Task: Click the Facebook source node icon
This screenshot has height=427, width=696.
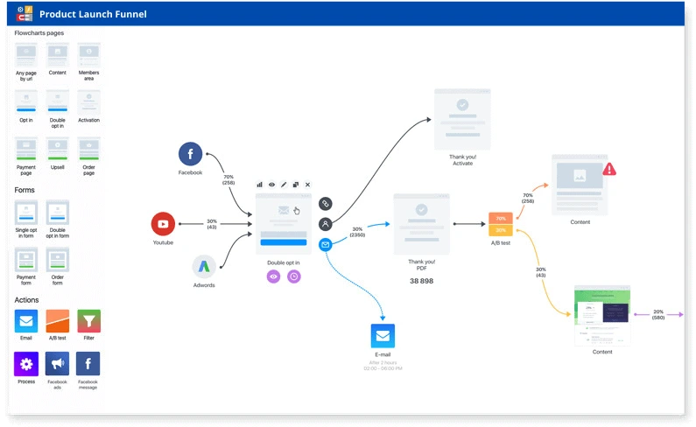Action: [x=190, y=154]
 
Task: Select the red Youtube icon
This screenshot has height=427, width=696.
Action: [x=163, y=224]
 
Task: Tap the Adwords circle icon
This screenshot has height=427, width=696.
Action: [x=204, y=266]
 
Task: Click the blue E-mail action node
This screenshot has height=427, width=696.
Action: [x=383, y=336]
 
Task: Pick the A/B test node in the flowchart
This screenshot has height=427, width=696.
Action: [x=500, y=224]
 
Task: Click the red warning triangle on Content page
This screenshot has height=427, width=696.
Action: [x=609, y=168]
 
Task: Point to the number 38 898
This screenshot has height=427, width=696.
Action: [x=421, y=281]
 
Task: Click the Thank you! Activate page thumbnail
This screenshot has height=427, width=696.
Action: [x=462, y=117]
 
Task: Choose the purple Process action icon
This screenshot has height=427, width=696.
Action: [x=26, y=363]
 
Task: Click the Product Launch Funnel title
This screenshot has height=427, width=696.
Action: [x=94, y=14]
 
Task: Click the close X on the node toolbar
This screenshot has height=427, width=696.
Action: [x=307, y=185]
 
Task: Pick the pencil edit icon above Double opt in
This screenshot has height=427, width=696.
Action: [x=284, y=185]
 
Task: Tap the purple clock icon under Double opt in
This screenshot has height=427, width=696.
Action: [x=294, y=276]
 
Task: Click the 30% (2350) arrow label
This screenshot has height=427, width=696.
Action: [x=357, y=231]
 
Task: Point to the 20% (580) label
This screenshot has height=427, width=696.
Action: [x=657, y=314]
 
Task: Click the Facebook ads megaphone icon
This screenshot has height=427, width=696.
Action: [x=58, y=363]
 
